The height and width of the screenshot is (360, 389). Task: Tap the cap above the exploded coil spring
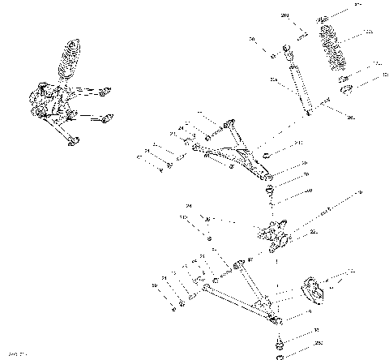(325, 18)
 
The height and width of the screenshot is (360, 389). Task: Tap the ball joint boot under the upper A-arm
(270, 191)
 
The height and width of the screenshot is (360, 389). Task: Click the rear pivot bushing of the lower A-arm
(239, 263)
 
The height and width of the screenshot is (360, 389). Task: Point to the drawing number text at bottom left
(16, 354)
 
